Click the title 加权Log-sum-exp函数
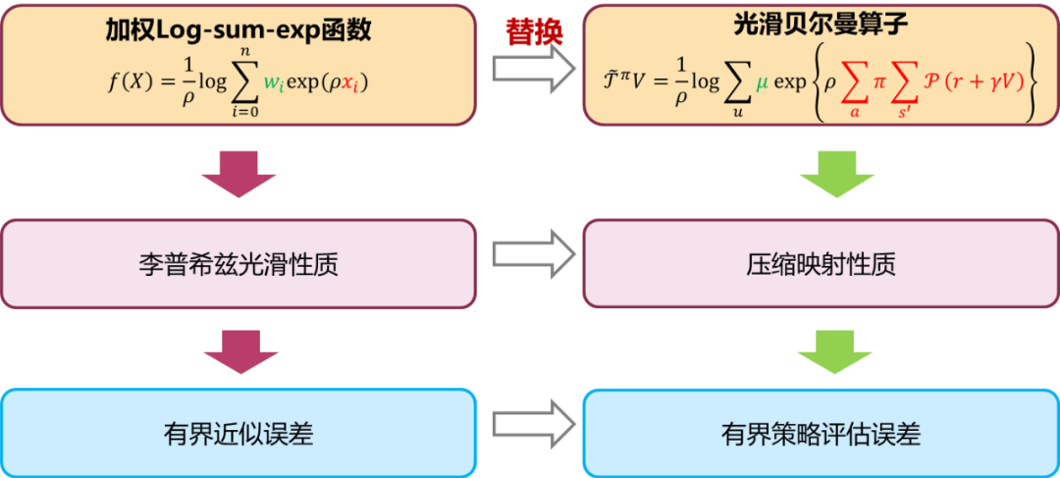[x=238, y=30]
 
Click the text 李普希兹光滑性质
[x=238, y=264]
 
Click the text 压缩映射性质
[x=821, y=264]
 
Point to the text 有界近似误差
[x=238, y=433]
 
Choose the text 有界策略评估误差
[x=821, y=433]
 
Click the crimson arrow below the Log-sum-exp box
[x=238, y=174]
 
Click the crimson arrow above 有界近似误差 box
[x=238, y=348]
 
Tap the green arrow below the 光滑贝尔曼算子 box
[x=834, y=174]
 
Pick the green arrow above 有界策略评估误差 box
[x=834, y=348]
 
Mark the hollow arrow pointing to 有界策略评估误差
[x=534, y=423]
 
